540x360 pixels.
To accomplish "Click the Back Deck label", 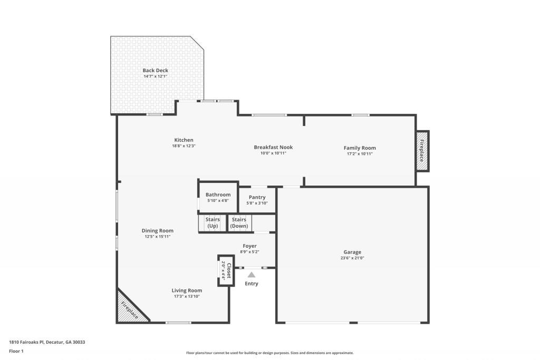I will pyautogui.click(x=155, y=70).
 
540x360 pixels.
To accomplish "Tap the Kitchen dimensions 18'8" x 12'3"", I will pyautogui.click(x=184, y=146).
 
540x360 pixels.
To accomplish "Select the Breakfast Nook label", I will pyautogui.click(x=273, y=147).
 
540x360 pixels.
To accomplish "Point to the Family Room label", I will pyautogui.click(x=360, y=148).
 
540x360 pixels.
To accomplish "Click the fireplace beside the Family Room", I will pyautogui.click(x=422, y=151).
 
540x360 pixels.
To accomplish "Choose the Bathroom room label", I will pyautogui.click(x=218, y=194).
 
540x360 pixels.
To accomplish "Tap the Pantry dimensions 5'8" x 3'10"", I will pyautogui.click(x=257, y=203).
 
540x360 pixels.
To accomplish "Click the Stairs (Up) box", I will pyautogui.click(x=213, y=222).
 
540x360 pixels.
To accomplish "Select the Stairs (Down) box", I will pyautogui.click(x=239, y=222).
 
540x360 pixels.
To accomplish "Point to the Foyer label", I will pyautogui.click(x=249, y=246).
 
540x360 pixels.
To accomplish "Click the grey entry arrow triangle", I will pyautogui.click(x=252, y=274).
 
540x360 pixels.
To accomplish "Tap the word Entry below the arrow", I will pyautogui.click(x=252, y=284).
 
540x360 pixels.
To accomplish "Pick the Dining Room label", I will pyautogui.click(x=157, y=230).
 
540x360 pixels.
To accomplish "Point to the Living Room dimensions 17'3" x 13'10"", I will pyautogui.click(x=187, y=296).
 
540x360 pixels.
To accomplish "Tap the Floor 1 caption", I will pyautogui.click(x=16, y=351).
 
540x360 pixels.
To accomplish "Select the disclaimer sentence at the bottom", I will pyautogui.click(x=269, y=353).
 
